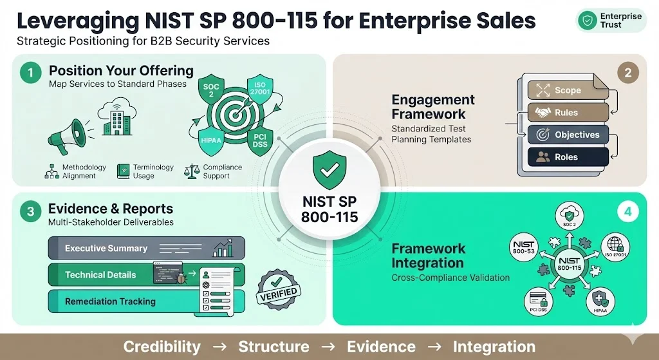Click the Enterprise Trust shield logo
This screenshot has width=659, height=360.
point(588,20)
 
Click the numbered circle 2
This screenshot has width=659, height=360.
point(627,73)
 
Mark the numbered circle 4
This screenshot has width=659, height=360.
point(627,211)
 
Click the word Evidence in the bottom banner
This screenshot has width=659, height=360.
point(380,346)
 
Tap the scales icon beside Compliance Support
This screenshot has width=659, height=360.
point(191,171)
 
